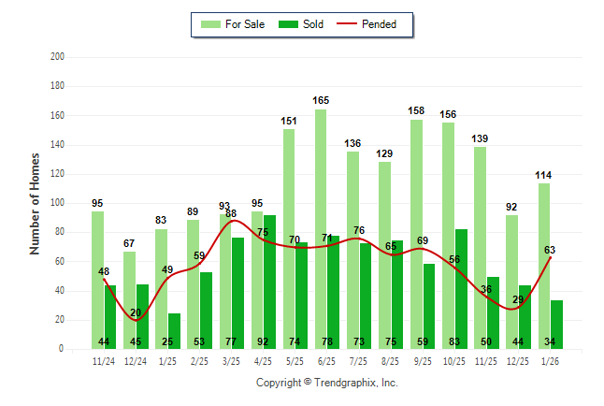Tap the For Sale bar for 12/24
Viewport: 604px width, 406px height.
tap(129, 299)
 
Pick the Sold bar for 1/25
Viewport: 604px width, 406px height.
tap(174, 327)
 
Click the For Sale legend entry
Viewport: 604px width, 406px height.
tap(233, 24)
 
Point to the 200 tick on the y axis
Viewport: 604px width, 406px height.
tap(58, 57)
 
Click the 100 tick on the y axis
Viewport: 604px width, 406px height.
tap(58, 203)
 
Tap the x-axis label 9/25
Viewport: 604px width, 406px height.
tap(423, 362)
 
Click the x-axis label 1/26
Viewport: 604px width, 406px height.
tap(550, 362)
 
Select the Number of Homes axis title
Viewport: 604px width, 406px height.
tap(35, 203)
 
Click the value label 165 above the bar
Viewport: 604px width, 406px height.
tap(321, 100)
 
